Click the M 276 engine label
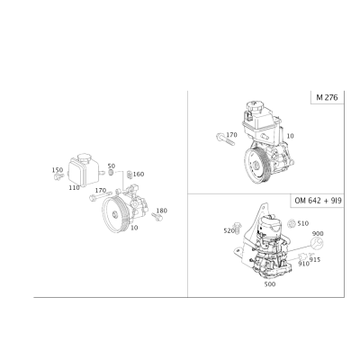(327, 97)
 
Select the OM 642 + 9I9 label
(318, 201)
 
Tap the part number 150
(58, 170)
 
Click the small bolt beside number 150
(58, 176)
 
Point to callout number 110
(74, 188)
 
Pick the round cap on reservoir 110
(84, 157)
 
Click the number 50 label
(112, 166)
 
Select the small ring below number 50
(111, 173)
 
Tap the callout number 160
(139, 175)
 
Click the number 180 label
(162, 211)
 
